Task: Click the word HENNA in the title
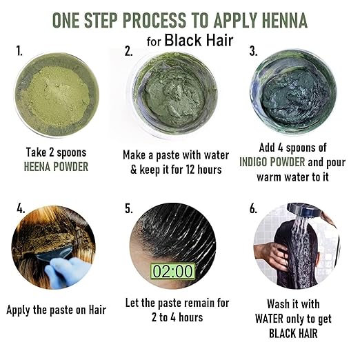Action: click(x=285, y=20)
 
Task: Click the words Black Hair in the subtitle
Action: click(x=199, y=41)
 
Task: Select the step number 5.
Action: click(x=129, y=208)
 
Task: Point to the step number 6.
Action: click(x=253, y=208)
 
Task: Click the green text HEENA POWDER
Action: click(x=56, y=167)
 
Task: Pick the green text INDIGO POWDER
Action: click(x=272, y=162)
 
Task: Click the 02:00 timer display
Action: click(x=172, y=271)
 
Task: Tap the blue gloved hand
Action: click(x=67, y=272)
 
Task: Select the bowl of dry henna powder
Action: click(x=57, y=94)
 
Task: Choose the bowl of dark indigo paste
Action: click(x=293, y=92)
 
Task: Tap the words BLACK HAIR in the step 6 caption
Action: click(x=293, y=333)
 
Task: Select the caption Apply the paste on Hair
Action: click(x=57, y=310)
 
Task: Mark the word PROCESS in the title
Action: click(x=154, y=20)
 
